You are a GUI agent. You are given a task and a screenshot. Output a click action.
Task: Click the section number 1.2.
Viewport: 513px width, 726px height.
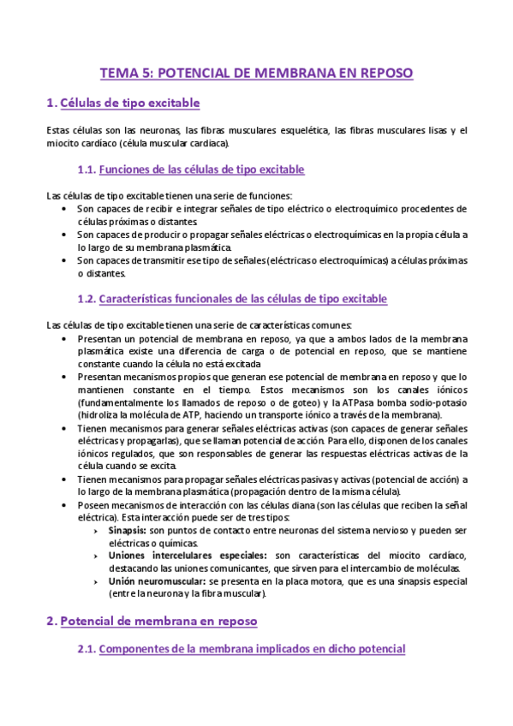click(x=86, y=299)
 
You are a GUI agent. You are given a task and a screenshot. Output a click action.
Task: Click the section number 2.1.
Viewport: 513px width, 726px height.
click(x=86, y=650)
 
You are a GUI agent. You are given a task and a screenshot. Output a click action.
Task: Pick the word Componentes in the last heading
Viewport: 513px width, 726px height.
click(x=140, y=650)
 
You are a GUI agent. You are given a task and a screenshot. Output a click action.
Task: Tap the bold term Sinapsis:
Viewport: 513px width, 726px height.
click(x=130, y=531)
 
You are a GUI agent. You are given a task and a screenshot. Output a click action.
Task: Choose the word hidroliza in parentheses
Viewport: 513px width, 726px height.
click(x=98, y=414)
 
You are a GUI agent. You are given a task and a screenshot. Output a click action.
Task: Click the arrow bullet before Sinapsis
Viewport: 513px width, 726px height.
click(x=103, y=531)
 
